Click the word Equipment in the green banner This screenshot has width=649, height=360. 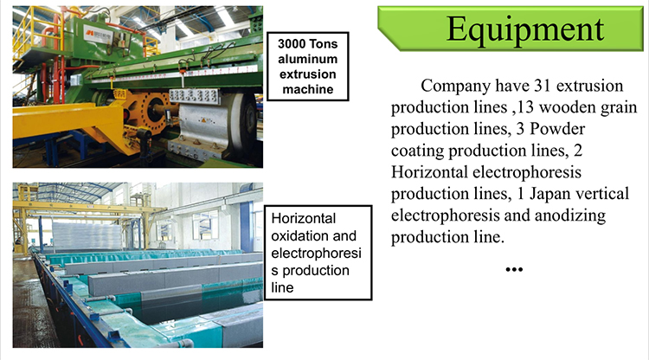point(525,29)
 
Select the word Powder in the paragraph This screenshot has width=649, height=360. point(557,129)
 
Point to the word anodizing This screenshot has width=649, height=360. point(570,215)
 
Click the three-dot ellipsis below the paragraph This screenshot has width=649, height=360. point(514,269)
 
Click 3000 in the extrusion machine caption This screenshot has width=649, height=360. point(292,44)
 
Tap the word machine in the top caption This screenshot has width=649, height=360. point(307,89)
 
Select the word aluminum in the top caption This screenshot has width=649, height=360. point(307,59)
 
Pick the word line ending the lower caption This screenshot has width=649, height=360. point(282,287)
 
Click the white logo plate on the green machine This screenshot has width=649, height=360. point(98,34)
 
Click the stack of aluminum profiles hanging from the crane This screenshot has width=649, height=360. point(87,235)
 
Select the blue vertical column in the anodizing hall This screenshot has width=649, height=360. point(246,226)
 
